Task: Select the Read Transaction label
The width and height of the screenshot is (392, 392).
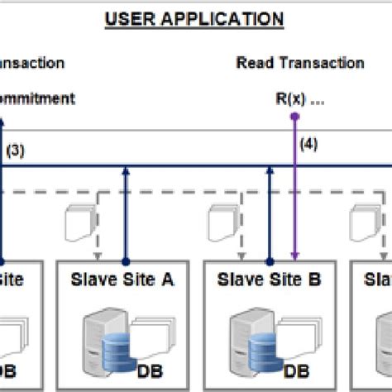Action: tap(299, 63)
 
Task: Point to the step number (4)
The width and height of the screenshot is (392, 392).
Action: tap(308, 142)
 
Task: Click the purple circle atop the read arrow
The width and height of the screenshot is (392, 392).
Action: tap(293, 117)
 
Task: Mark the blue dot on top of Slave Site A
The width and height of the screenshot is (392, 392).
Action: tap(125, 258)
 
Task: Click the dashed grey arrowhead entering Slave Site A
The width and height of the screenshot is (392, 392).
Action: tap(98, 251)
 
